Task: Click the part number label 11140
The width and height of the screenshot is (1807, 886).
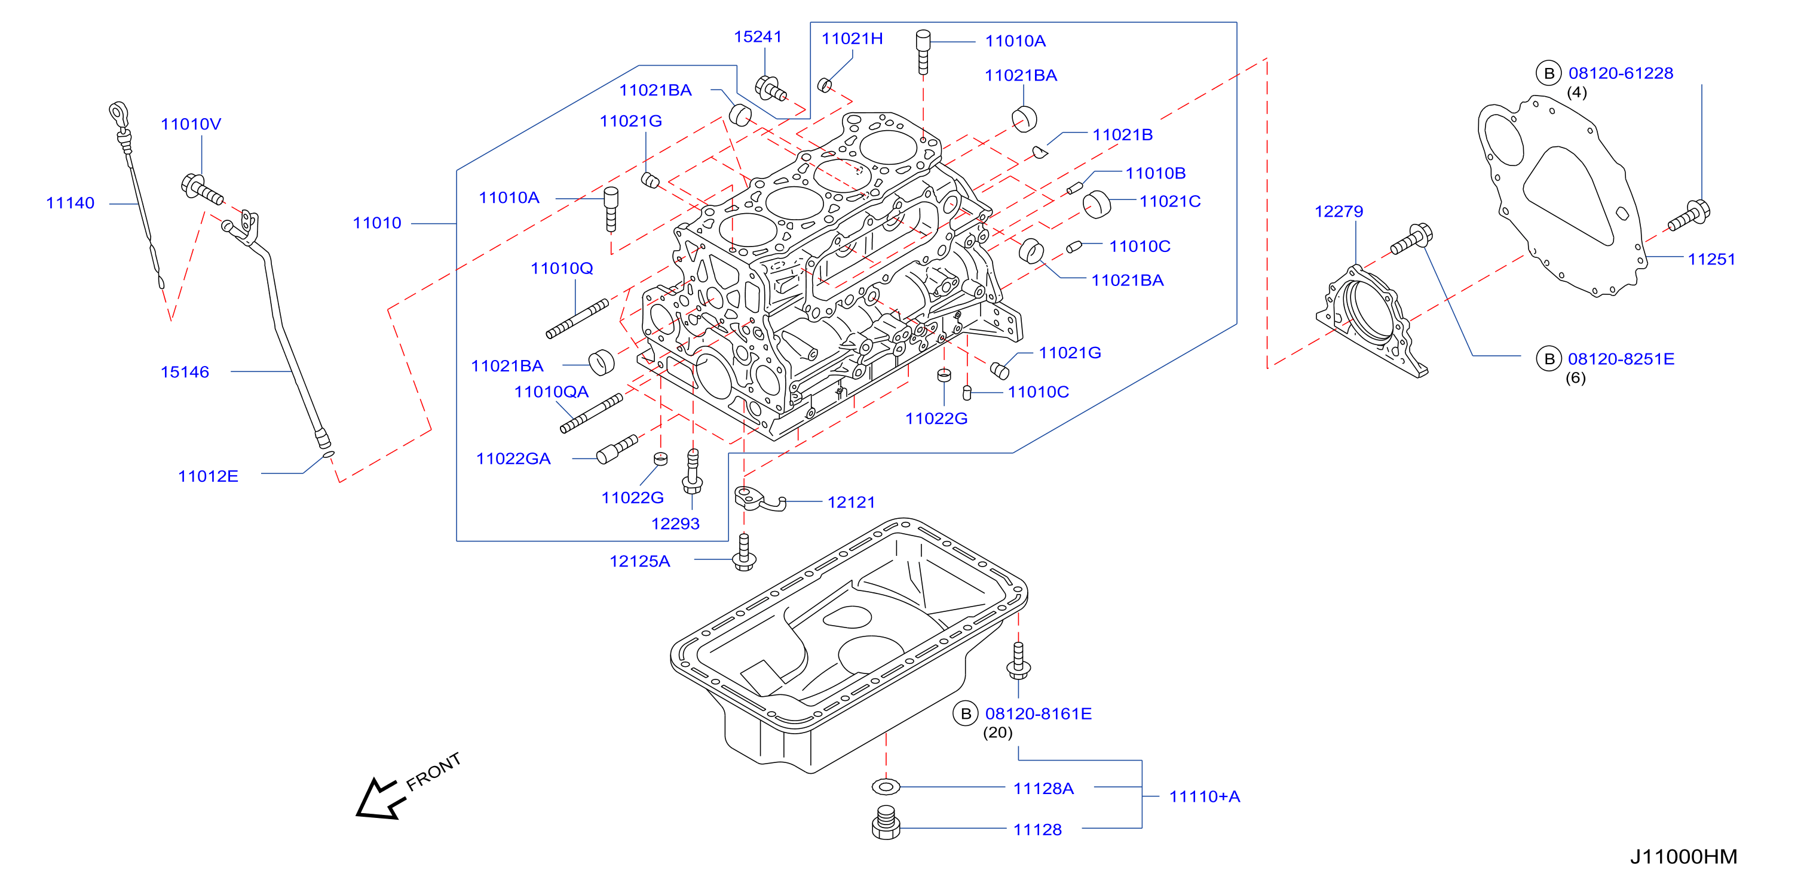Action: pyautogui.click(x=70, y=203)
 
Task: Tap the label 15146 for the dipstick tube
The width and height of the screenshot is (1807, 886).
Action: pyautogui.click(x=185, y=372)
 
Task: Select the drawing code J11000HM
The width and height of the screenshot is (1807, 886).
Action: pyautogui.click(x=1683, y=857)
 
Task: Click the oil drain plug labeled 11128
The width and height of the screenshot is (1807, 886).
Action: pyautogui.click(x=886, y=823)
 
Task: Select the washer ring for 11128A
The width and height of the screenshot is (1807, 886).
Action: pyautogui.click(x=886, y=786)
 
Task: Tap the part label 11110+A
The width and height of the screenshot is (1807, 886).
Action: pyautogui.click(x=1205, y=797)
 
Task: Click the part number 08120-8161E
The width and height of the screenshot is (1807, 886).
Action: pyautogui.click(x=1038, y=713)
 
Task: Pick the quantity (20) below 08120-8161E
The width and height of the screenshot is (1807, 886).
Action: pyautogui.click(x=997, y=733)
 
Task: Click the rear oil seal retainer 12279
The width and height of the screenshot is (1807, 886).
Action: pyautogui.click(x=1371, y=321)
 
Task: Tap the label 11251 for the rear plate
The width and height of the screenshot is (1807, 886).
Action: pyautogui.click(x=1711, y=259)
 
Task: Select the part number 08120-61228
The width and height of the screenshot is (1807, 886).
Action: pyautogui.click(x=1621, y=73)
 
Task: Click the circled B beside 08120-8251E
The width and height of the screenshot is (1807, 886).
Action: pyautogui.click(x=1549, y=359)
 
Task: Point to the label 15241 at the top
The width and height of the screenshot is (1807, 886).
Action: pyautogui.click(x=758, y=36)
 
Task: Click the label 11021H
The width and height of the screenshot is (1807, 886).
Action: pyautogui.click(x=852, y=39)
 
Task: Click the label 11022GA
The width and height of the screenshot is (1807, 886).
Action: pyautogui.click(x=513, y=459)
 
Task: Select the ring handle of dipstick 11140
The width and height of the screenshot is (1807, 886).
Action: pyautogui.click(x=118, y=112)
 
